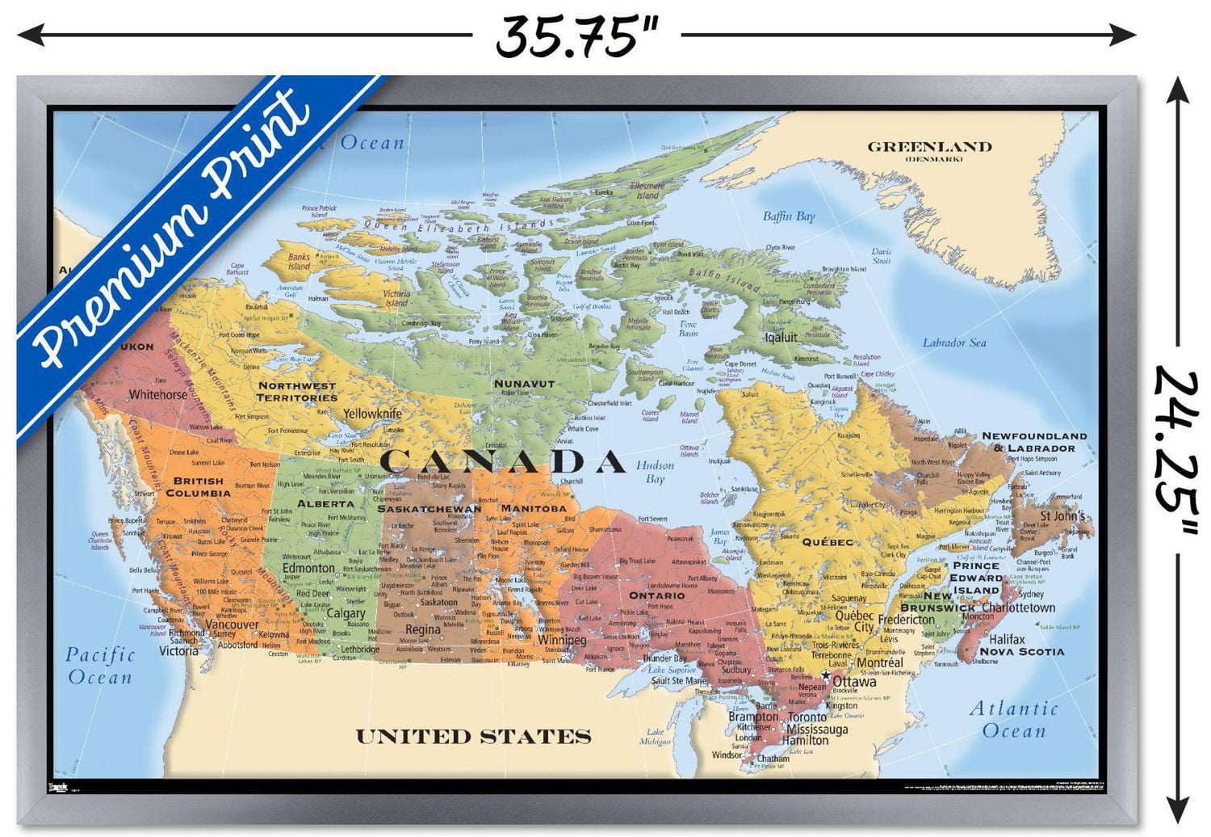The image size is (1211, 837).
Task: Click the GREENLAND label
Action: coord(929,147)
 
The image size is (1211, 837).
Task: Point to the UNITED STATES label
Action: coord(473,737)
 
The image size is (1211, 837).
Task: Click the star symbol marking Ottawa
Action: coord(826,674)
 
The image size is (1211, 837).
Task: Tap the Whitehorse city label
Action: coord(157,395)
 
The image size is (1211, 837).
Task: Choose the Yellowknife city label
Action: coord(372,414)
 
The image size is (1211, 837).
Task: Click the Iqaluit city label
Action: coord(781,337)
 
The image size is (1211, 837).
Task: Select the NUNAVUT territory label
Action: coord(524,383)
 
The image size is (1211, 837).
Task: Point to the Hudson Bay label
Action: coord(655,473)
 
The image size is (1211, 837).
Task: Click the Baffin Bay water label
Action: coord(789,217)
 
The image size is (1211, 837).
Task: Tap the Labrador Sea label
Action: coord(954,343)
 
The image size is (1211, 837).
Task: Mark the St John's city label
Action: coord(1062,516)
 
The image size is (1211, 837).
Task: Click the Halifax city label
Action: coord(1007,639)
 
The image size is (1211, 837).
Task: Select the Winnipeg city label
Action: coord(562,641)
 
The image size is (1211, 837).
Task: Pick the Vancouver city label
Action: coord(232,625)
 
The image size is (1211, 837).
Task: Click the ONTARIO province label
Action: coord(657,595)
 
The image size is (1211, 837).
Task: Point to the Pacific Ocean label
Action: coord(100,666)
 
